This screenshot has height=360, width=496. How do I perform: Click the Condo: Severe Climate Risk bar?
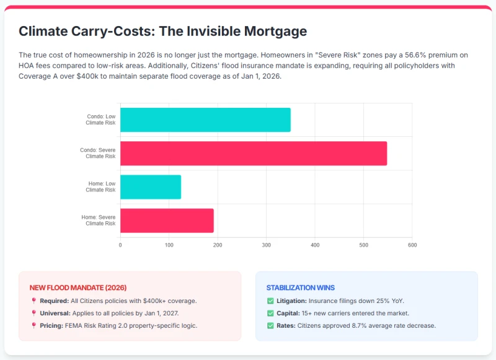[x=254, y=153]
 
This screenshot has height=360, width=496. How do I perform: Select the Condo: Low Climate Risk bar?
[x=205, y=120]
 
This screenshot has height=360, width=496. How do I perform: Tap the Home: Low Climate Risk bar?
[x=151, y=187]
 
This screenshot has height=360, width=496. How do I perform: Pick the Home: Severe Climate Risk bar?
[x=167, y=221]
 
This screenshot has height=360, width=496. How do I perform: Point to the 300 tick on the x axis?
[x=267, y=245]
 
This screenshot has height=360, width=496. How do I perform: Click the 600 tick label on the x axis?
[x=412, y=245]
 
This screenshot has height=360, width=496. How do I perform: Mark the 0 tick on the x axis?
[x=120, y=245]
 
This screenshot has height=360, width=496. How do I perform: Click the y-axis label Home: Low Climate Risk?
[x=100, y=187]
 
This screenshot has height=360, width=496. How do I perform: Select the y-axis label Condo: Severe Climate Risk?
[x=98, y=153]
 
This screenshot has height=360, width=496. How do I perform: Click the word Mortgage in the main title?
[x=275, y=32]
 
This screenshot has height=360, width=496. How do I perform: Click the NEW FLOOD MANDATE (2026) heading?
[x=78, y=288]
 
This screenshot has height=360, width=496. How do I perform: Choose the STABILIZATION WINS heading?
[x=301, y=288]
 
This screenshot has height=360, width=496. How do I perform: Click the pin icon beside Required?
[x=33, y=301]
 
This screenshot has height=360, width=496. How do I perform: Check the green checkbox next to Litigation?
[x=270, y=301]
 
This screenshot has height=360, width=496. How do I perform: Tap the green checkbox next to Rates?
[x=270, y=325]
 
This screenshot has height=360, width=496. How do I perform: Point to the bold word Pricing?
[x=51, y=325]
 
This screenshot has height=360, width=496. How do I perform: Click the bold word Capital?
[x=288, y=314]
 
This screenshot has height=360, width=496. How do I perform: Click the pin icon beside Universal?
[x=33, y=313]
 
